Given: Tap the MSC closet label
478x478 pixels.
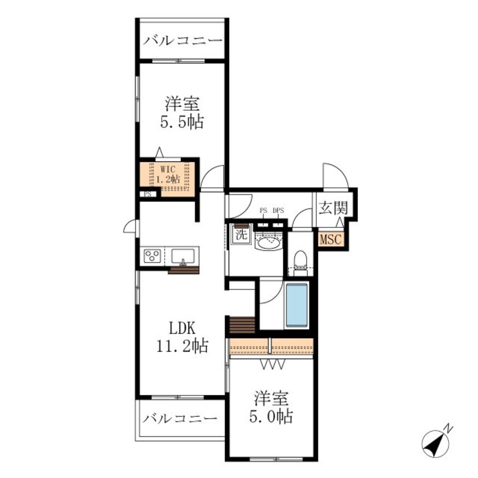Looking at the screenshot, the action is [x=331, y=239].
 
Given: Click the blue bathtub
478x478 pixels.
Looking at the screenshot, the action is [x=297, y=305].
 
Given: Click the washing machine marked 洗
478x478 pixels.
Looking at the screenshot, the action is [x=241, y=234].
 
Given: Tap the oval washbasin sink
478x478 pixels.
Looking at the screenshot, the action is [x=268, y=243].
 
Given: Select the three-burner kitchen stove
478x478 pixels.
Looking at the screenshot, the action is [x=152, y=256].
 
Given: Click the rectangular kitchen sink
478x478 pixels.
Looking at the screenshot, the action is [x=183, y=256].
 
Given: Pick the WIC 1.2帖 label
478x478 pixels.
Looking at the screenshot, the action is [x=168, y=174].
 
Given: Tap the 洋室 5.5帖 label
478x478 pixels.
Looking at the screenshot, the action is [x=182, y=112].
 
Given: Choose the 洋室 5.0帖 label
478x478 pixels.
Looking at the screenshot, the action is [x=272, y=407].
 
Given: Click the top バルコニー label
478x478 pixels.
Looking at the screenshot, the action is [x=183, y=41].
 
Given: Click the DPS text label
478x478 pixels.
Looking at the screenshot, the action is [x=278, y=210].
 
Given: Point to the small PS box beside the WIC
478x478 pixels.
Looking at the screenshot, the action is [x=148, y=194].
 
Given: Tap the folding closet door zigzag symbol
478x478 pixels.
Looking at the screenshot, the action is [x=273, y=364].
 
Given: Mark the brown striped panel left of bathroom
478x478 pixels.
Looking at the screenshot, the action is [x=242, y=326].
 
